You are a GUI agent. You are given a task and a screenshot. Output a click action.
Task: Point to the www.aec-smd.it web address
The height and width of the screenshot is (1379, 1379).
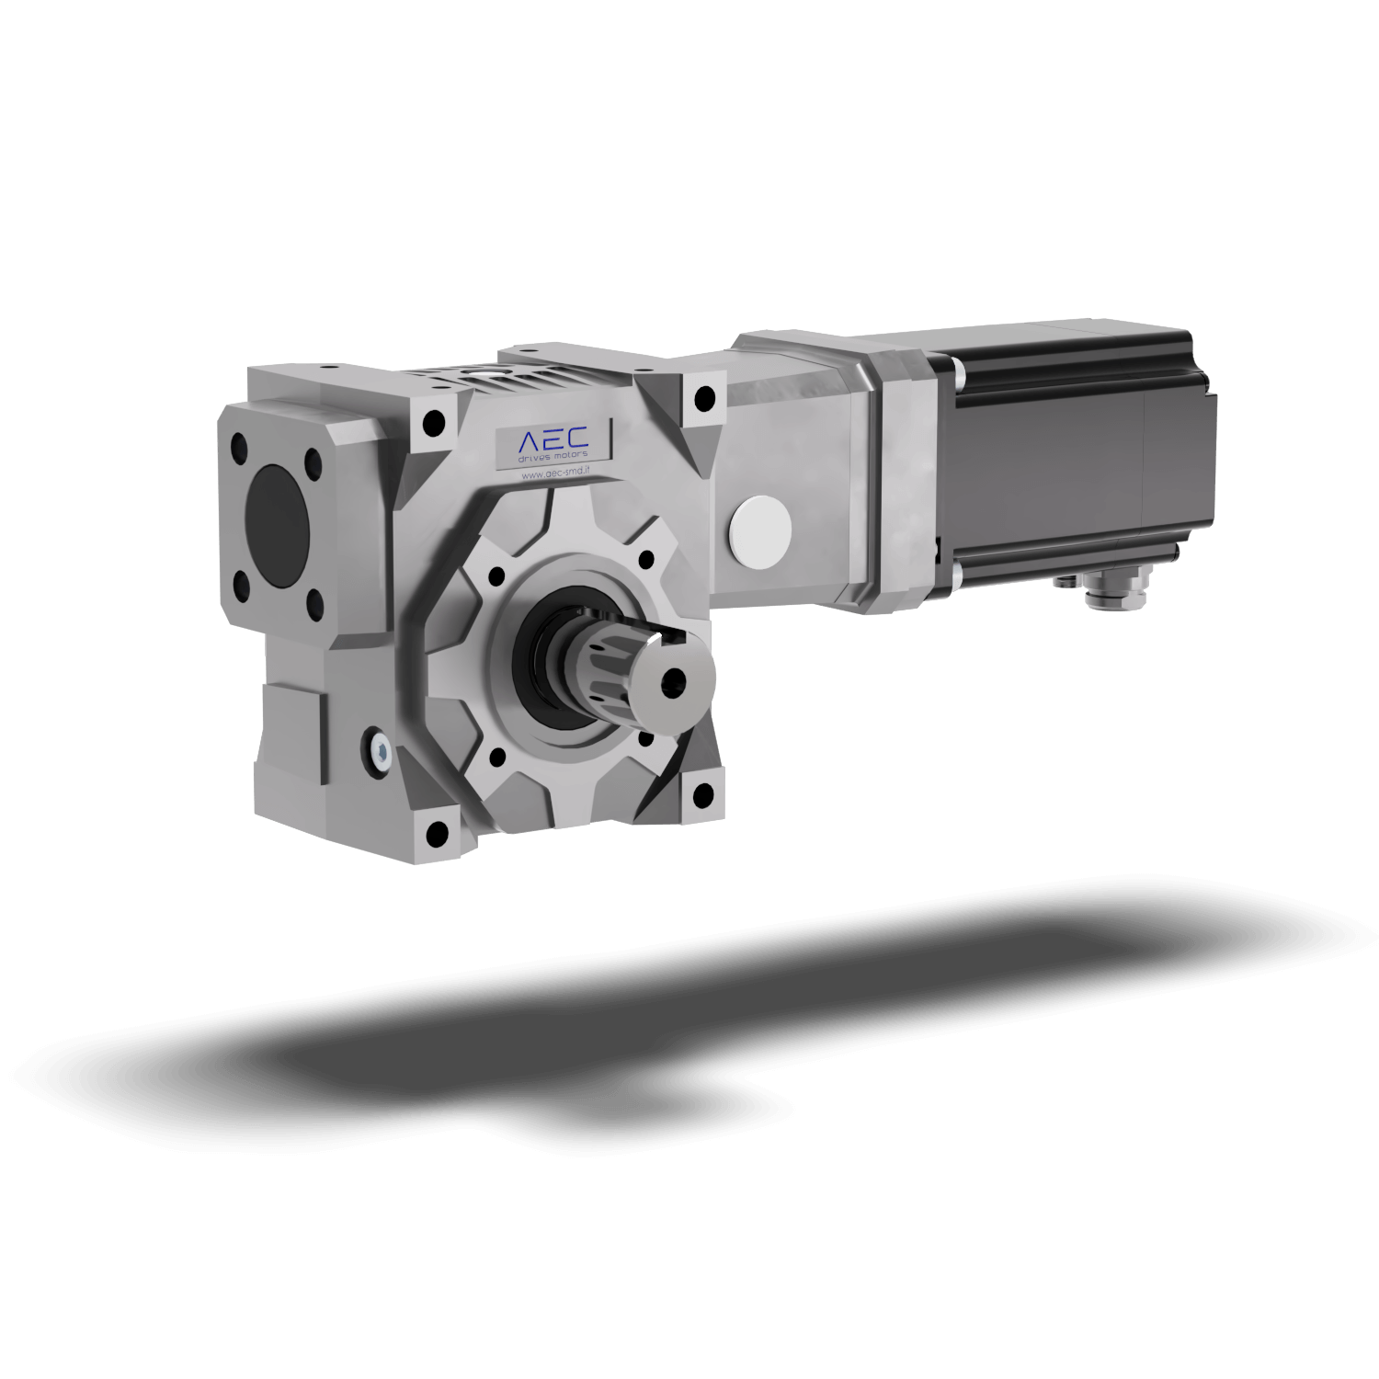555,474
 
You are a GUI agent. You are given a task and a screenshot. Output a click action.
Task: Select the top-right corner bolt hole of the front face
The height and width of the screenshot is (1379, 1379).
704,399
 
